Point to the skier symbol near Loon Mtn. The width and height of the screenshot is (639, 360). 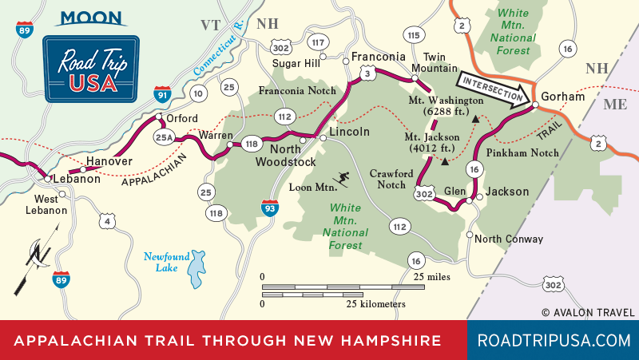344,179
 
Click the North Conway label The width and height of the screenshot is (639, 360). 509,239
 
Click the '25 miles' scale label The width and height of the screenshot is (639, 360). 432,277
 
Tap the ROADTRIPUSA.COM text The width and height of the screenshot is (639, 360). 554,341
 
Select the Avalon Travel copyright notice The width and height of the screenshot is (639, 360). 588,312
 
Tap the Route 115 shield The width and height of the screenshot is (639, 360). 413,35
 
